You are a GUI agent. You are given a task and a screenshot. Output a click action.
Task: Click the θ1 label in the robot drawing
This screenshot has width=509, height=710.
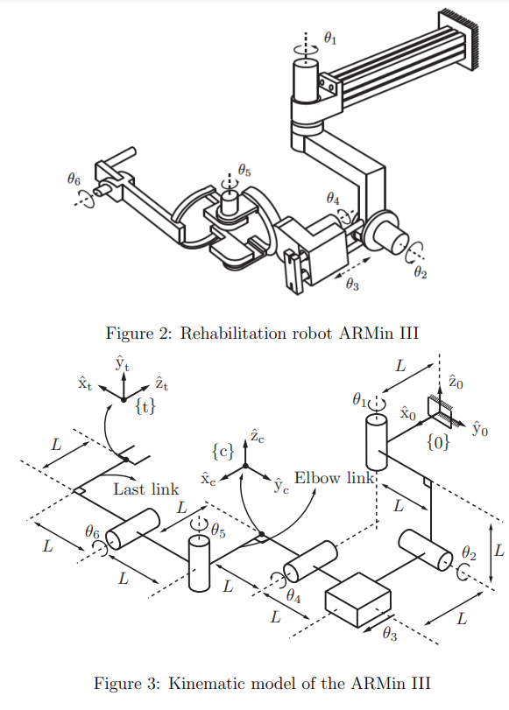click(329, 38)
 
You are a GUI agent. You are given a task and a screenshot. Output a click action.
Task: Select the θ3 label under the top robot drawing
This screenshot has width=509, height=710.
click(352, 284)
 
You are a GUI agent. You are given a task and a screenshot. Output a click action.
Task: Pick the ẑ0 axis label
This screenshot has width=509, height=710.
click(455, 382)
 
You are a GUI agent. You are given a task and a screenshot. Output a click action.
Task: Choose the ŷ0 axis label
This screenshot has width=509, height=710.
click(479, 429)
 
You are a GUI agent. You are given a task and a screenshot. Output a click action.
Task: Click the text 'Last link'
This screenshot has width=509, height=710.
click(146, 489)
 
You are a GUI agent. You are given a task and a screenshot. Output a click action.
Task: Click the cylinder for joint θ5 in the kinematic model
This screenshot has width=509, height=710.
click(200, 565)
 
